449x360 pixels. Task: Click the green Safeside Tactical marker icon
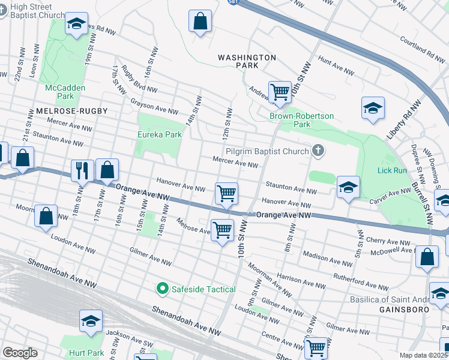pos(161,289)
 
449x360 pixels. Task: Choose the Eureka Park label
pos(160,135)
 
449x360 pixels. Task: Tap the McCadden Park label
pos(65,92)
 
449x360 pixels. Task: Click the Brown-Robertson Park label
pos(302,120)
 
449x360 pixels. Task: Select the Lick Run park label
pos(393,170)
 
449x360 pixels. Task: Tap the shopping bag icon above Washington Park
pos(200,22)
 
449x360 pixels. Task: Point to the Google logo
pos(20,353)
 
